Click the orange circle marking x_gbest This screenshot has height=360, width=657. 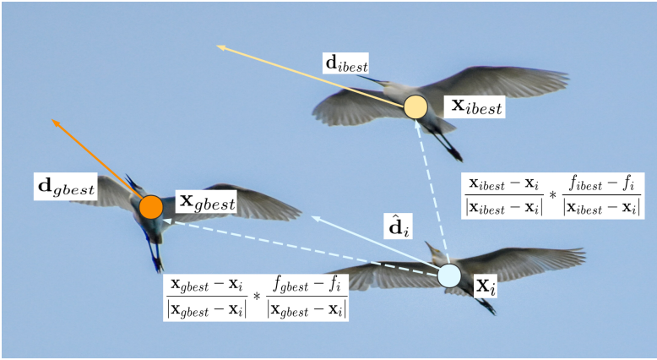click(150, 206)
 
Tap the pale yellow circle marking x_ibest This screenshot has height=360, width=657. click(415, 107)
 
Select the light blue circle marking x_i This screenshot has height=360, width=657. click(449, 275)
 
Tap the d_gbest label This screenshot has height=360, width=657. click(72, 187)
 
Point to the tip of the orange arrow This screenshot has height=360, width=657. click(53, 120)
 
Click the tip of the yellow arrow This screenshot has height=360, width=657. click(218, 47)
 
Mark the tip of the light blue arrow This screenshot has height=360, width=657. click(312, 217)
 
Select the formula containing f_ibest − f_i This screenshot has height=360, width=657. click(551, 197)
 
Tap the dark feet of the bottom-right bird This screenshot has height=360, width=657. click(488, 307)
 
